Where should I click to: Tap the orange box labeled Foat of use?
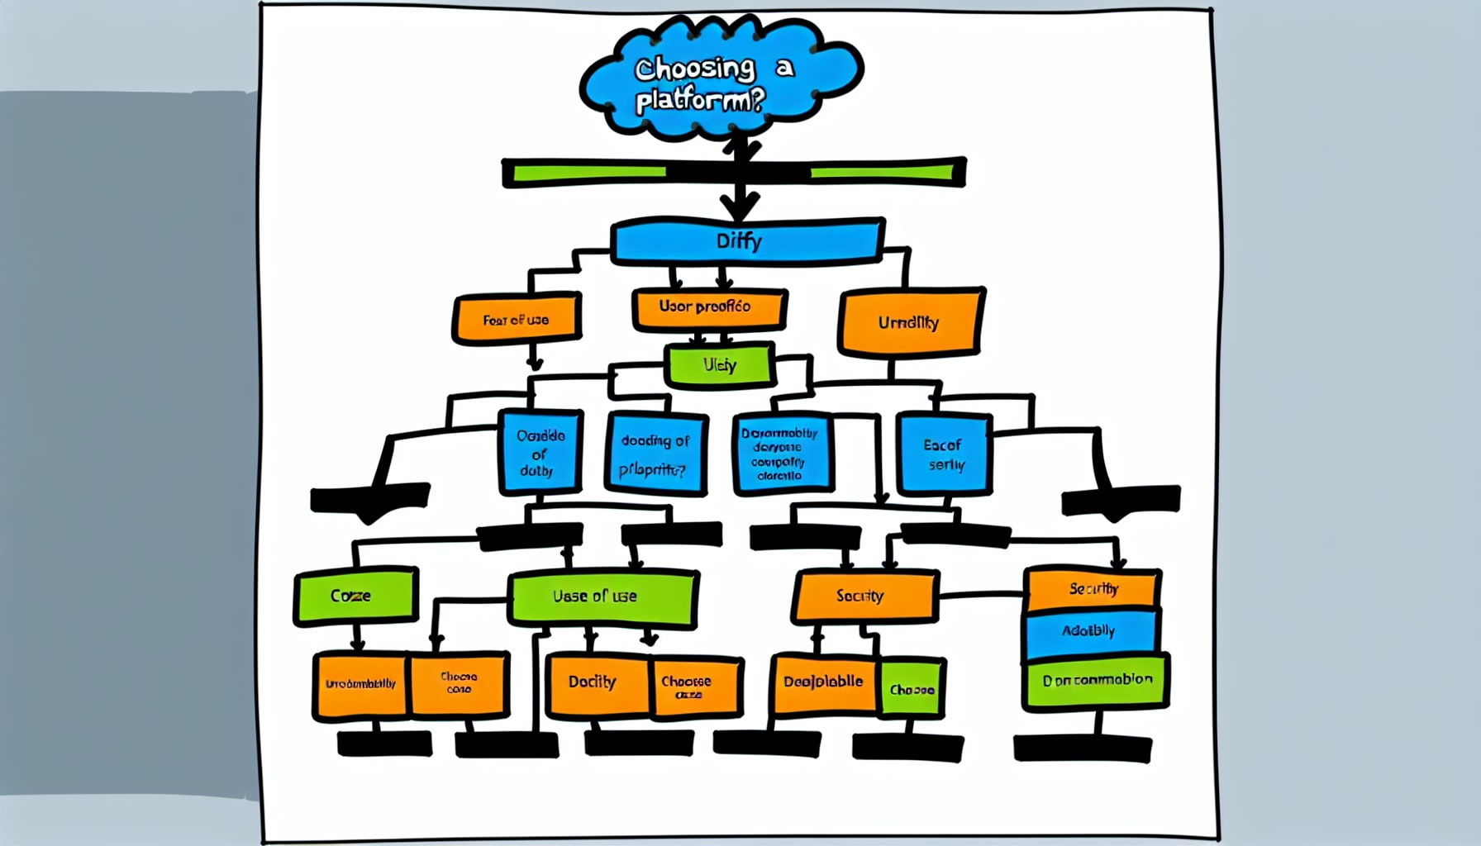tap(516, 319)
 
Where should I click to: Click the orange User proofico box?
tap(707, 307)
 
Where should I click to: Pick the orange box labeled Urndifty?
tap(909, 322)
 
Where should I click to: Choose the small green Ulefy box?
tap(720, 365)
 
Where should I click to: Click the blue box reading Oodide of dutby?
tap(540, 453)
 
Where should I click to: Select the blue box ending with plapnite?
tap(655, 454)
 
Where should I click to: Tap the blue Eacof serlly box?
tap(944, 454)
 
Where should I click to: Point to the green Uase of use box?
tap(601, 596)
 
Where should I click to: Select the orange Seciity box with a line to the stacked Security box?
tap(864, 596)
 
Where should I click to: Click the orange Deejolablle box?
tap(823, 683)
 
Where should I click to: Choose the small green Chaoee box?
tap(912, 688)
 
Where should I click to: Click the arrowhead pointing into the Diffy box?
tap(739, 206)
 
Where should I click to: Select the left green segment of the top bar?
tap(588, 173)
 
